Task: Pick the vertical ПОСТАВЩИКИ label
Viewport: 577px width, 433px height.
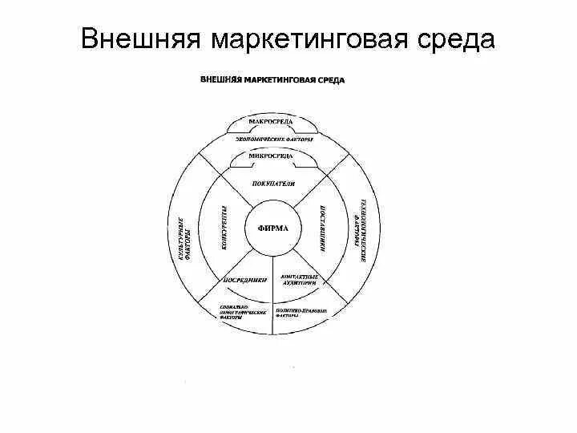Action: click(x=320, y=229)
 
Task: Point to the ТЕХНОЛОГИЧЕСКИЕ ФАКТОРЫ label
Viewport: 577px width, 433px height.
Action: click(x=358, y=230)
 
